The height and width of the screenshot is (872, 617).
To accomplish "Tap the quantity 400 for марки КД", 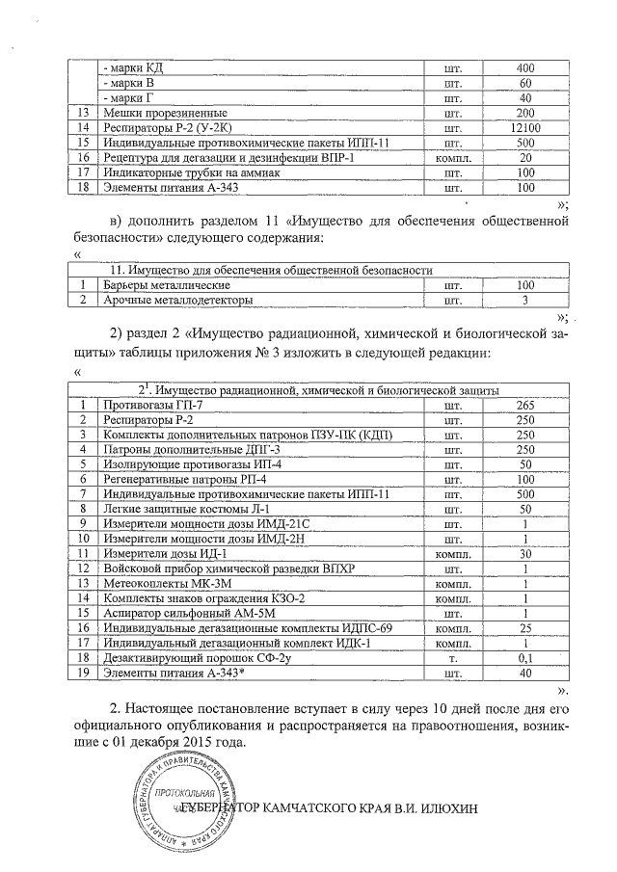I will click(x=525, y=68).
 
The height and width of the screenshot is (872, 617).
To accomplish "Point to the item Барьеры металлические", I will click(x=166, y=286).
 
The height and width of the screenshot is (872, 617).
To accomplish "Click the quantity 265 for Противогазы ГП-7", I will click(x=525, y=406).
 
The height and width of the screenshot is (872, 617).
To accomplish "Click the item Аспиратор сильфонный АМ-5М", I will click(x=180, y=613).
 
